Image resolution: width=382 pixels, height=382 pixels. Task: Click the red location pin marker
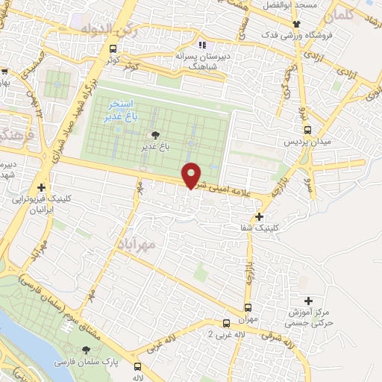coord(192,175)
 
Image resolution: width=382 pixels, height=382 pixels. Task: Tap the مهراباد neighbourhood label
coord(136,244)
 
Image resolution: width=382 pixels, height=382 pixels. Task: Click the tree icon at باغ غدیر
coord(155,135)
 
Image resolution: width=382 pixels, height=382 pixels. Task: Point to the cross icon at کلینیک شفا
coord(259,217)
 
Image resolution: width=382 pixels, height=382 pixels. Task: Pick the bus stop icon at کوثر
coord(113,49)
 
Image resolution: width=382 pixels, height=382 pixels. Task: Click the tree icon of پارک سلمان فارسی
coord(87,350)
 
